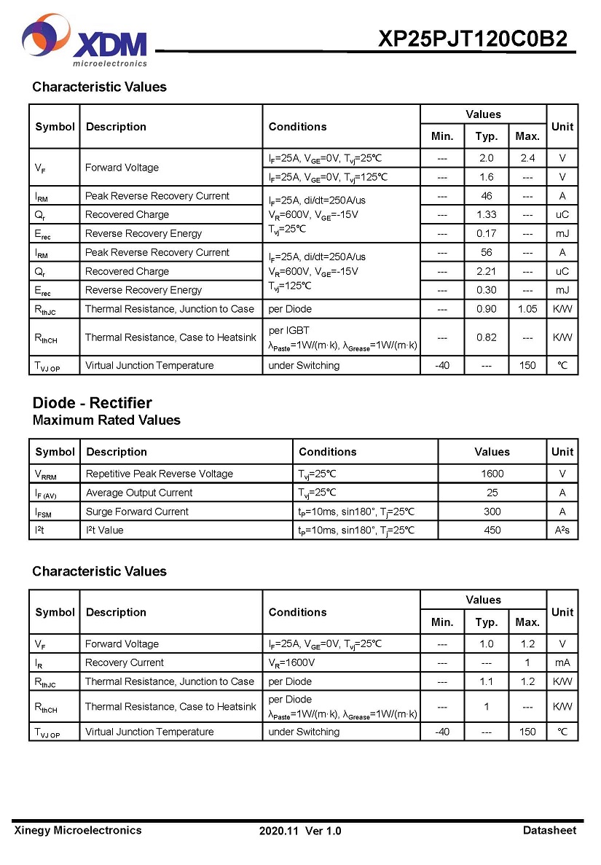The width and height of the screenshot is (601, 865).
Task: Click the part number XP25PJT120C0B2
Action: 472,39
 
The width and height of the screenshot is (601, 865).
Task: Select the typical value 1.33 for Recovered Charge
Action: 486,215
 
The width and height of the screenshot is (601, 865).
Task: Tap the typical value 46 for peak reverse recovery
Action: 486,196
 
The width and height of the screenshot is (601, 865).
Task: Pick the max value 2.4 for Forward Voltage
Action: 527,158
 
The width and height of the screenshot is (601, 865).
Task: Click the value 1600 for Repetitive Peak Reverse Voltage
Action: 492,474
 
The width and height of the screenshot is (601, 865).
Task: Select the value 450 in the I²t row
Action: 492,531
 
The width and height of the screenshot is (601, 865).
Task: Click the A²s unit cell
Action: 562,531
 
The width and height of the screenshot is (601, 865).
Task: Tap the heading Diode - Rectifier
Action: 92,403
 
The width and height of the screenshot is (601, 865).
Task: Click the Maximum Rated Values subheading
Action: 106,420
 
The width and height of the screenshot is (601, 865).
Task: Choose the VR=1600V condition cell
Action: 291,663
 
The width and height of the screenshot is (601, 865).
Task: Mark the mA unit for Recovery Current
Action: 562,663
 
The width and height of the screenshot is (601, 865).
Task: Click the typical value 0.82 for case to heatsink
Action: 486,337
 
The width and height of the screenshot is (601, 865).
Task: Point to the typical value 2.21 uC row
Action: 486,272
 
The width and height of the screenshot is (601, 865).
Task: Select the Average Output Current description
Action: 139,493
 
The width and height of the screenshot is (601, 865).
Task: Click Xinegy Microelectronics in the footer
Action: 78,830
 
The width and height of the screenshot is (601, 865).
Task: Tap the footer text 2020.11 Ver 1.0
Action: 300,831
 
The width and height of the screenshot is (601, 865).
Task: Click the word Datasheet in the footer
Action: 549,830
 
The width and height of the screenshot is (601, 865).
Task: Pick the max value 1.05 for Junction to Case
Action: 527,309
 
